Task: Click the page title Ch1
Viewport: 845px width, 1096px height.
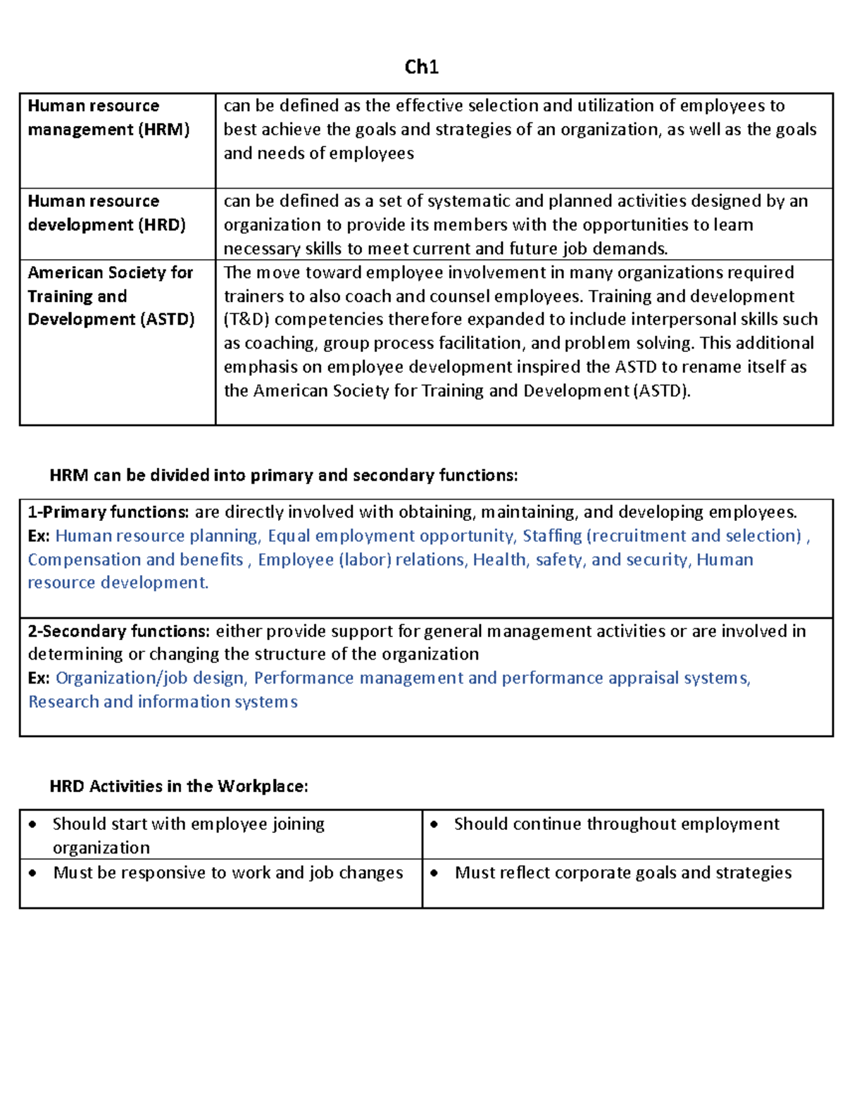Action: (x=421, y=67)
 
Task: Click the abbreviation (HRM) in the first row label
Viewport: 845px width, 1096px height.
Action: (x=164, y=130)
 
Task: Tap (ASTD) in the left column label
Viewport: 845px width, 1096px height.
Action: (x=168, y=320)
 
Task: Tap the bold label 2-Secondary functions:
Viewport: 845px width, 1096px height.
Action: (x=119, y=631)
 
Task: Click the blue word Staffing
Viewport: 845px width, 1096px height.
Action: (x=552, y=536)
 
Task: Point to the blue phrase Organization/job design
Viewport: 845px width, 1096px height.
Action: (x=150, y=678)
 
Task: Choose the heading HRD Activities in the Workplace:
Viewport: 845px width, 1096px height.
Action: (x=179, y=786)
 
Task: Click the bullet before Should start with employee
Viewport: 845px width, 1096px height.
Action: (x=32, y=824)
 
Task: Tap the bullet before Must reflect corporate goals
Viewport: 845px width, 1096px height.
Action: (x=434, y=873)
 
